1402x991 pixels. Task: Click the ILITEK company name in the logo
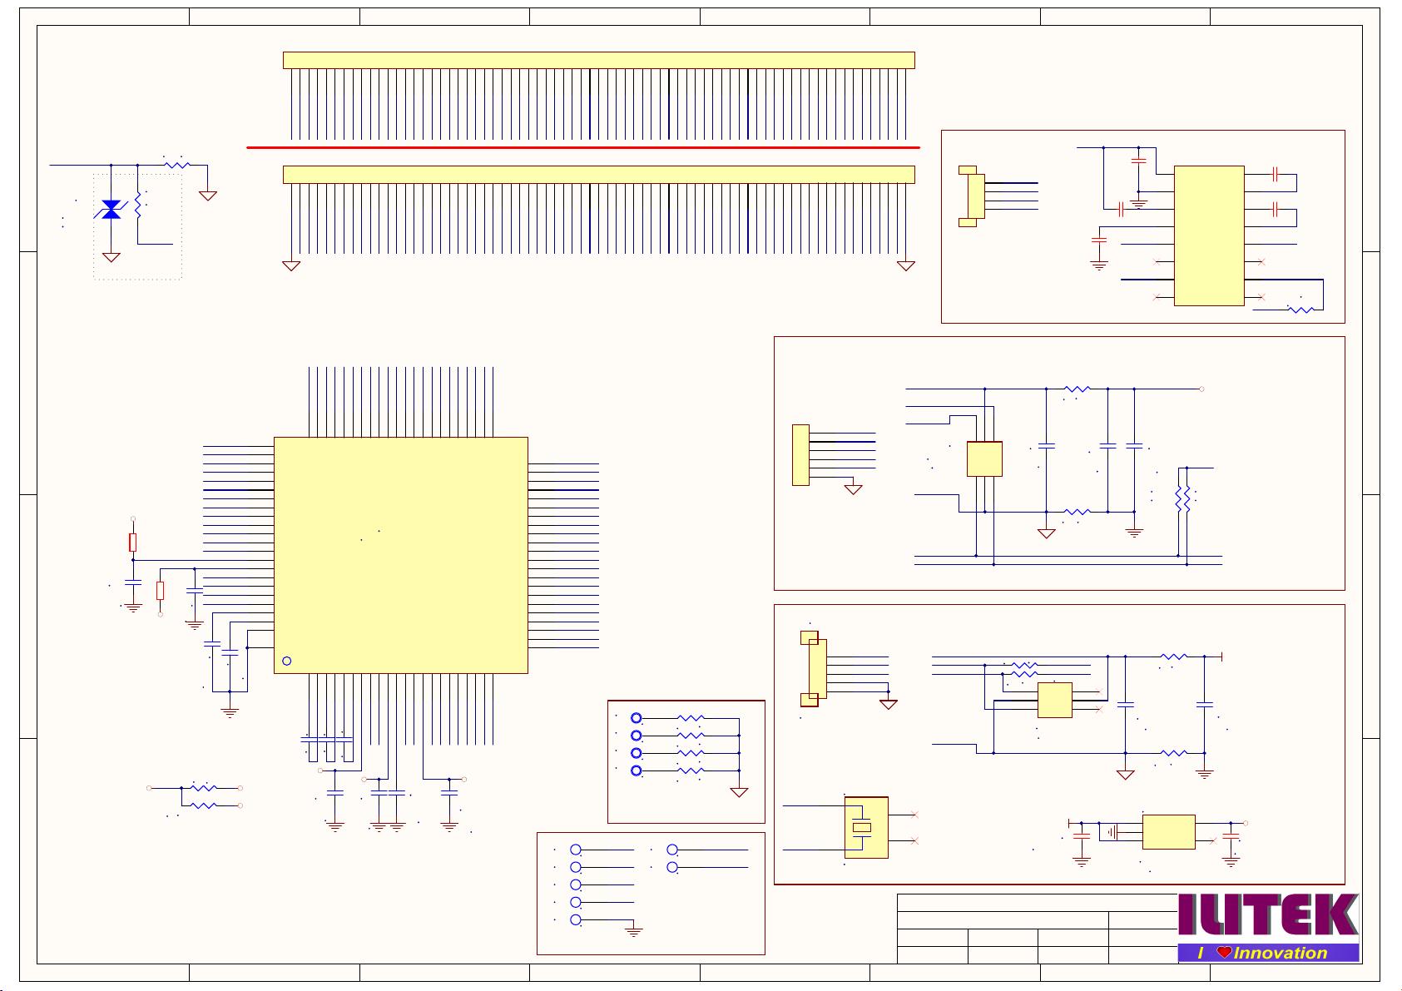1268,915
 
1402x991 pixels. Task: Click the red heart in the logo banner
1223,953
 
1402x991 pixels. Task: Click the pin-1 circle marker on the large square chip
287,661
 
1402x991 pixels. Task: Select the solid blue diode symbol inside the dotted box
111,210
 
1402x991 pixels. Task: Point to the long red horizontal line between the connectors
582,147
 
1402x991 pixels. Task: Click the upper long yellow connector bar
598,60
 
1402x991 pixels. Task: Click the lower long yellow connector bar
598,174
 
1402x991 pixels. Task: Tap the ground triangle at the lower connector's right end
906,265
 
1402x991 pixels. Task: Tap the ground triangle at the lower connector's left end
291,265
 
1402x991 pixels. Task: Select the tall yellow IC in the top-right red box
1208,235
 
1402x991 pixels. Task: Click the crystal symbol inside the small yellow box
862,827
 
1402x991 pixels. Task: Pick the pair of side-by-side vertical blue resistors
1182,498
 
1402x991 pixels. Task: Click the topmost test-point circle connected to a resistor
637,718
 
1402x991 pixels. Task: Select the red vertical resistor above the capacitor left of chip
132,543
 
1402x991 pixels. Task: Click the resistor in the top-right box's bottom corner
1300,310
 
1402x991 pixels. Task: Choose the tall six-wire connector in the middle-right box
800,454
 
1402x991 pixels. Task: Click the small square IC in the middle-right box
984,458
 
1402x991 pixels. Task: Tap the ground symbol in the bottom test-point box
634,932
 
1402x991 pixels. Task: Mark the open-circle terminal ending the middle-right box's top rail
1201,389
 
